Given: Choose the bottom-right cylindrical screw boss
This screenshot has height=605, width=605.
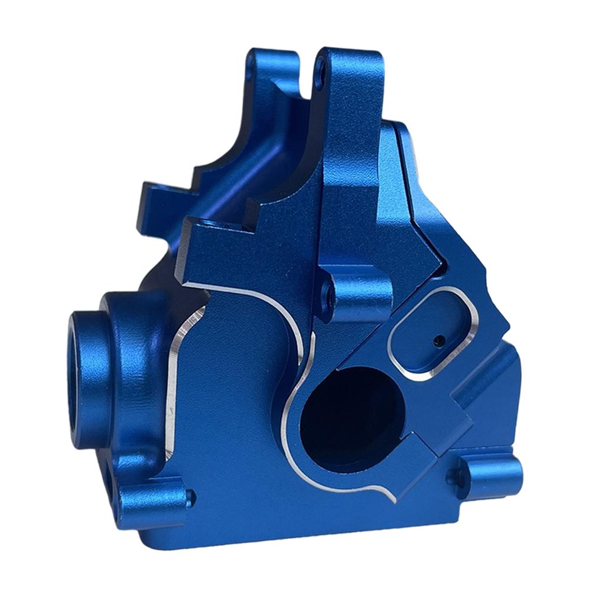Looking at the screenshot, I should (490, 473).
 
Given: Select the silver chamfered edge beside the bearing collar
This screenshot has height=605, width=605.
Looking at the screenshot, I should (173, 378).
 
